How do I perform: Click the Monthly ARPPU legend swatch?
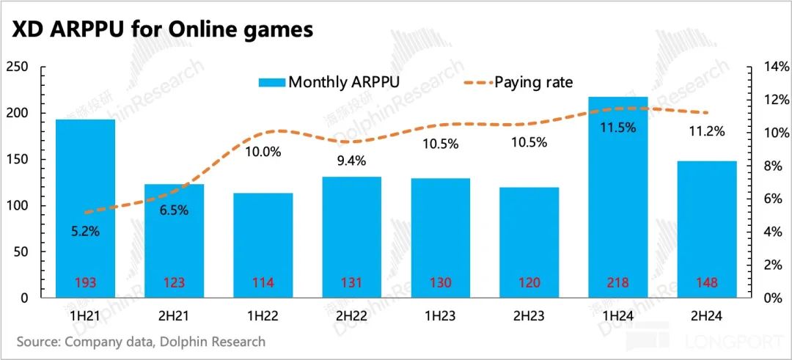coord(271,81)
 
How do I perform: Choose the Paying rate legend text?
coord(533,81)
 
